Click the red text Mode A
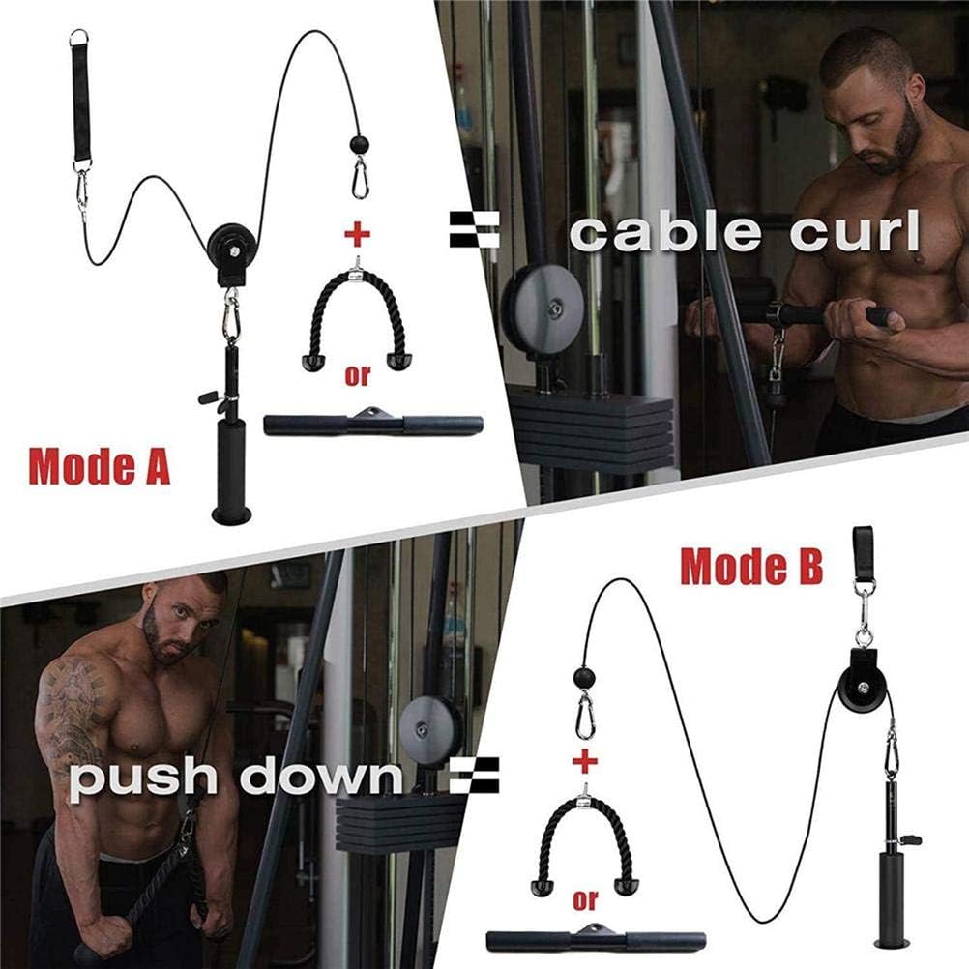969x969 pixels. point(100,465)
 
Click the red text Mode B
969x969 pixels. point(751,566)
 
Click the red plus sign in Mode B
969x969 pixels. point(584,762)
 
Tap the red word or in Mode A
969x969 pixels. point(358,375)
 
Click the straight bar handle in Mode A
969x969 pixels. point(372,424)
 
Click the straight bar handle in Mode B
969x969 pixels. point(595,940)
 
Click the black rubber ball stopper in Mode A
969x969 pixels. point(359,146)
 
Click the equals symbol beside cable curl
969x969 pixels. point(475,231)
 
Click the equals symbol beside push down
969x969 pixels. point(474,776)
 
